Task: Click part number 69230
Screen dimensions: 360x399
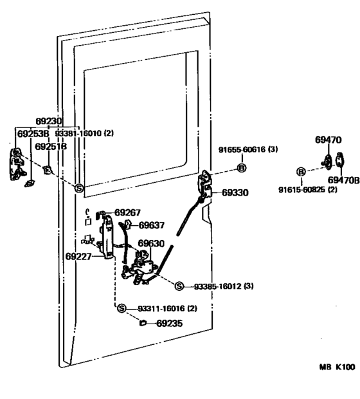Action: (49, 121)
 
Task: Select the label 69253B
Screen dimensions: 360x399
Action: (33, 134)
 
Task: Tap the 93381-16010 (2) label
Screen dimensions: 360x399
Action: (84, 133)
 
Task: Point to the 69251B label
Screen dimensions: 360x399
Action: (51, 147)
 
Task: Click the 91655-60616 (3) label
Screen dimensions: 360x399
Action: (248, 149)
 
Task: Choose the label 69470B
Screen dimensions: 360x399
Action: (343, 180)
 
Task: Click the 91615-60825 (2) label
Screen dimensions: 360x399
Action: (308, 190)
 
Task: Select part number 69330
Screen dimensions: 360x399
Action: (235, 192)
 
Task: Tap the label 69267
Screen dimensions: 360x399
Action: (127, 212)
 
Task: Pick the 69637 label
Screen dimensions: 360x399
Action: (152, 225)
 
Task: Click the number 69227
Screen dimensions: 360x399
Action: (78, 256)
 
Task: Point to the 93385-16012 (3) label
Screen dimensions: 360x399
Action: (224, 286)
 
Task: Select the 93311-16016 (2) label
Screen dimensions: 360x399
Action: (168, 309)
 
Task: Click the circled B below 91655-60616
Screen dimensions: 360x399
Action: (242, 168)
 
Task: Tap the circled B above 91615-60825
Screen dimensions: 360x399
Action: (301, 172)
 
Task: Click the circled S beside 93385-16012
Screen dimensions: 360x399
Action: (179, 286)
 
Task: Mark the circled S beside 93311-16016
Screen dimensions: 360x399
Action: (122, 308)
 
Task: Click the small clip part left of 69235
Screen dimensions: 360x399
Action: (143, 323)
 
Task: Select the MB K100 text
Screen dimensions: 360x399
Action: (337, 367)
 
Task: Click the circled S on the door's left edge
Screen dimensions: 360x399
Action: (79, 189)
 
